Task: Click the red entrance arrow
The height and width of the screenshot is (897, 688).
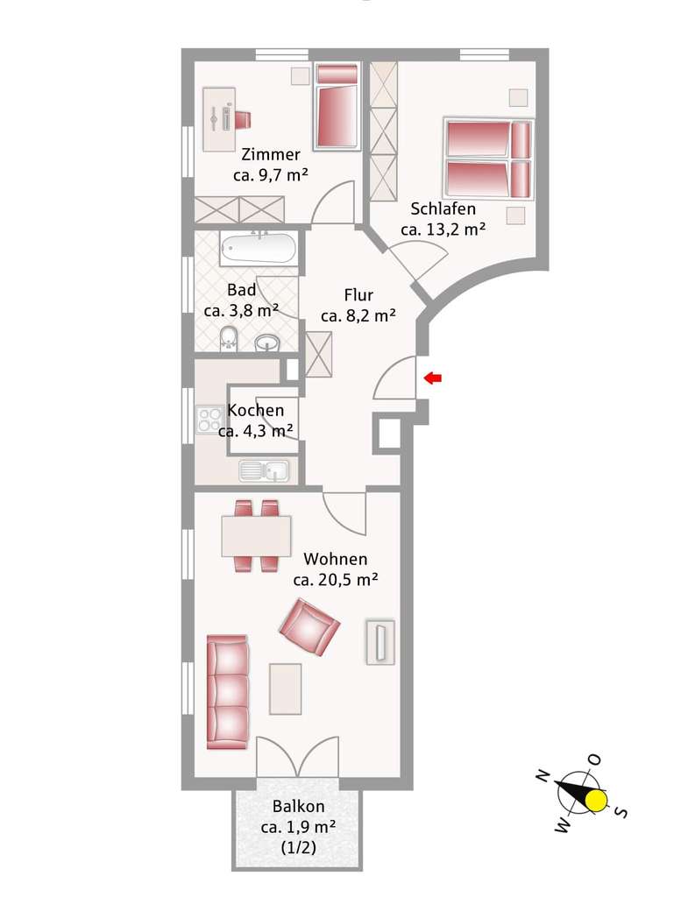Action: tap(433, 378)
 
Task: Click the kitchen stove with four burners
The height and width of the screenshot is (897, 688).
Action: tap(210, 420)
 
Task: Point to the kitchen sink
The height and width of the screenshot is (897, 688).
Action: tap(266, 470)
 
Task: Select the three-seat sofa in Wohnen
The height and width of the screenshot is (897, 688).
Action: tap(228, 692)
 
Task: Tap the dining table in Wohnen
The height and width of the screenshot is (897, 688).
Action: tap(256, 535)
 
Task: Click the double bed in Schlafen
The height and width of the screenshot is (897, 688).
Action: tap(489, 159)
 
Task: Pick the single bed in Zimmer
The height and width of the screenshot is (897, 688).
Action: tap(337, 107)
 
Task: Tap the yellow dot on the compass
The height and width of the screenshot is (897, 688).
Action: tap(597, 799)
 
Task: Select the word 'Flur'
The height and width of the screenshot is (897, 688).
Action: tap(358, 296)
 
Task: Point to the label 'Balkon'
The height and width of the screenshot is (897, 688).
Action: tap(298, 807)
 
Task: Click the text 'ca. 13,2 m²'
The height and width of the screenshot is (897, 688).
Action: tap(443, 230)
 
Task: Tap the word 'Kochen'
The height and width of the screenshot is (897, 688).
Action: tap(255, 410)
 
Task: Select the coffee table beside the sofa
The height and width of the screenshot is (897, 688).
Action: tap(286, 689)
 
